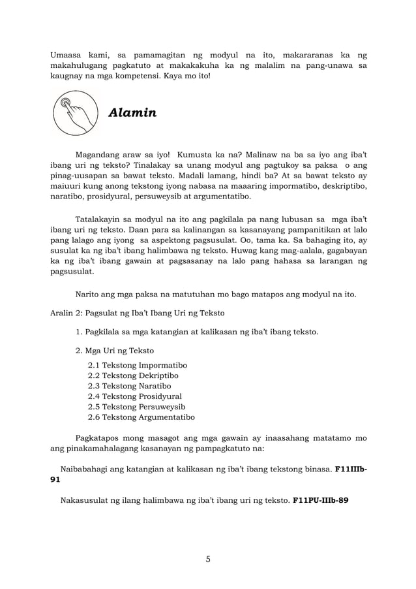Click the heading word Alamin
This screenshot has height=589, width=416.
point(132,113)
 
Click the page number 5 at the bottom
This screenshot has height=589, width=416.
point(207,559)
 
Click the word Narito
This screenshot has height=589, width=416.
point(89,294)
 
